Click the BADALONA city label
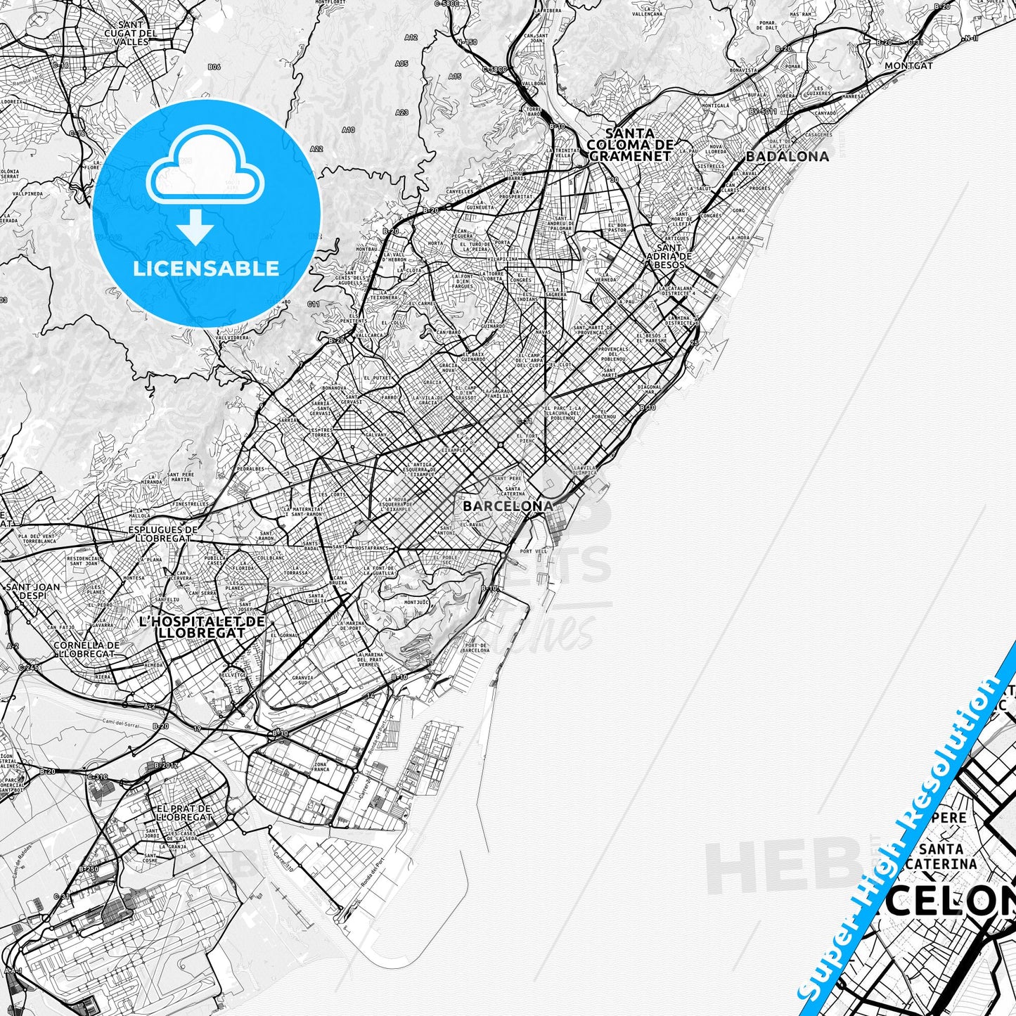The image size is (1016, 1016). point(787,156)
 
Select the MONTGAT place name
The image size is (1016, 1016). point(908,65)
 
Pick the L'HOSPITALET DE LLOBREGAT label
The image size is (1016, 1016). point(202,627)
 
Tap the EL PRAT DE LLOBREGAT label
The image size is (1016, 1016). point(184,813)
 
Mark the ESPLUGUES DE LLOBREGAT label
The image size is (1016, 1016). point(163,533)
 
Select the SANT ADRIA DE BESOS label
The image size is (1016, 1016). point(669,257)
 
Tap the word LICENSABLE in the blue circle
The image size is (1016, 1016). point(206,269)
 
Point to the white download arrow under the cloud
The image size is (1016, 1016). point(195,227)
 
